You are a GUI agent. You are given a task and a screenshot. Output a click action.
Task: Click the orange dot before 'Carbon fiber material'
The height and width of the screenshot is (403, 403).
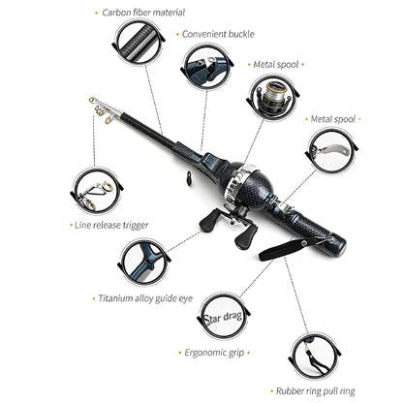coord(96,14)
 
